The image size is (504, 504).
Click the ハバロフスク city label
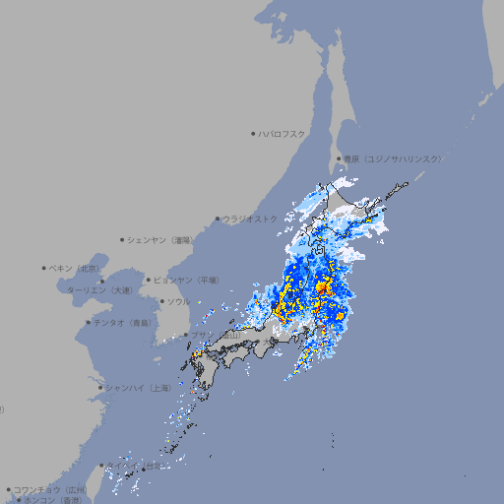tap(282, 133)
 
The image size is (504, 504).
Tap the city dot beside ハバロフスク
tap(253, 133)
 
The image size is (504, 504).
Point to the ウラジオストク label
tap(249, 219)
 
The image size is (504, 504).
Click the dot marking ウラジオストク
tap(218, 219)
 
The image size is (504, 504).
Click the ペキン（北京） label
tap(76, 268)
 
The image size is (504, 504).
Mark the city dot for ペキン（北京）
tap(44, 268)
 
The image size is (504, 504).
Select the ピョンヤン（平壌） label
tap(186, 280)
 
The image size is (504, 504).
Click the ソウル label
tap(177, 301)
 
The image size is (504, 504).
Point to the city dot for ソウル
tap(160, 301)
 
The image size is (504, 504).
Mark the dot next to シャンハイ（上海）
tap(100, 388)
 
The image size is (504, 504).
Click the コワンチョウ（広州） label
tap(49, 489)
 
